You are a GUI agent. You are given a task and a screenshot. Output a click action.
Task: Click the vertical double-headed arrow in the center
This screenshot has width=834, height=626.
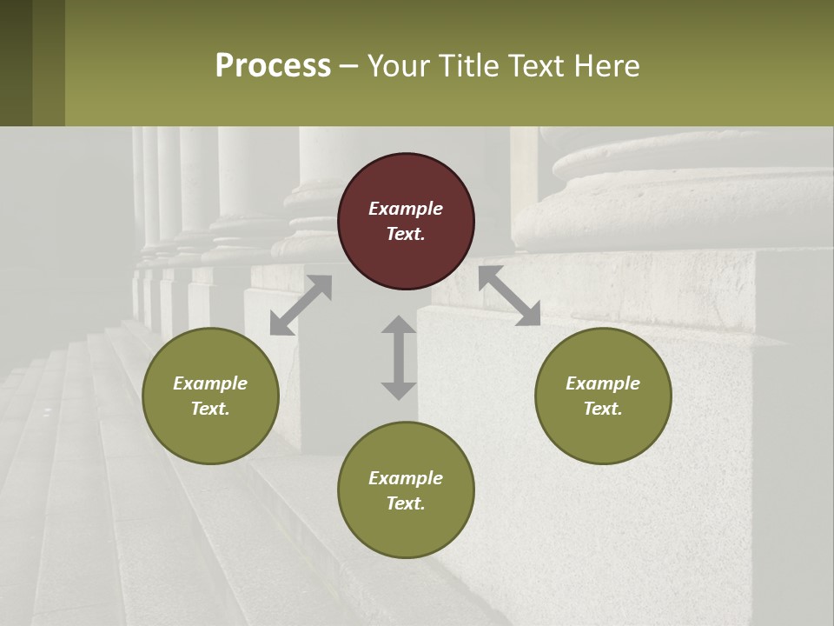(399, 357)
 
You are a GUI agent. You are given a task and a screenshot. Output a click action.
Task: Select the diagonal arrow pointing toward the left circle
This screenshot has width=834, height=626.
(301, 305)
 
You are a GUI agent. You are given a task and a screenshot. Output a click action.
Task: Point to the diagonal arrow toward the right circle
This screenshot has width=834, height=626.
(509, 296)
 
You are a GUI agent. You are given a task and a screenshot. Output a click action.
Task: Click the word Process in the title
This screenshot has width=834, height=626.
(273, 66)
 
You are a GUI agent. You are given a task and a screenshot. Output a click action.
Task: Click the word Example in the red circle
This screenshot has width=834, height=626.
(406, 209)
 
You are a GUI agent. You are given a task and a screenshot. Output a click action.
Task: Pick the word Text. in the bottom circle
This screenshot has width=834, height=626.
(406, 503)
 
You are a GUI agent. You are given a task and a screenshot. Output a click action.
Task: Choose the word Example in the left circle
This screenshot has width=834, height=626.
(210, 383)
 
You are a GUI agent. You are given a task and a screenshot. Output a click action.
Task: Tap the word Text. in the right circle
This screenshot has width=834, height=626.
(603, 409)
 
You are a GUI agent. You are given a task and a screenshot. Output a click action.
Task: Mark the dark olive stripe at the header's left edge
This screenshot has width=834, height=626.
(16, 63)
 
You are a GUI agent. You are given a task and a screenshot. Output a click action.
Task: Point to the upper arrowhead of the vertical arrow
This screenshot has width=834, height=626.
(399, 326)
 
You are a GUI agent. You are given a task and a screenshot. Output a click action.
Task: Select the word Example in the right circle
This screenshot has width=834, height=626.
(603, 383)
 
